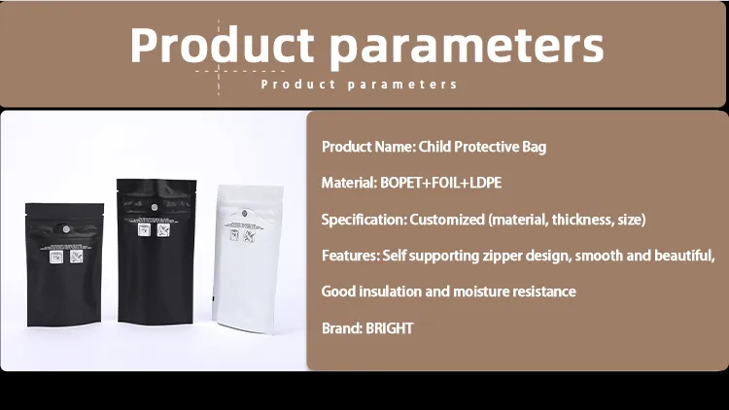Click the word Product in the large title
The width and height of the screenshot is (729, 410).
pos(222,45)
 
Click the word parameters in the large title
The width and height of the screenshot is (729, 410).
pos(467,47)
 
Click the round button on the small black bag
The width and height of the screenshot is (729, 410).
pos(65,229)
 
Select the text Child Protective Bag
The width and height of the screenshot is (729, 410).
pos(482,147)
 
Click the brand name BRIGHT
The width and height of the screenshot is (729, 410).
pos(389,328)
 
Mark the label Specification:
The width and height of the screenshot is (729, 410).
pos(364,220)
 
